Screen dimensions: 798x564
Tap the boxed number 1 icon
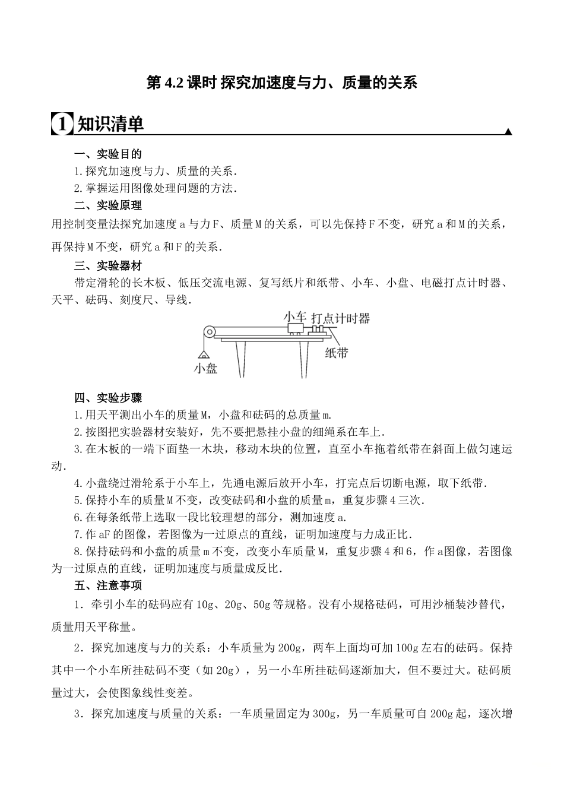[x=62, y=123]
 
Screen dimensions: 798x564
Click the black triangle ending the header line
[x=508, y=132]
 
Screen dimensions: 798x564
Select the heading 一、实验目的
[x=108, y=154]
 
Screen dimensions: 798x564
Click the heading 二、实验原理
[x=108, y=205]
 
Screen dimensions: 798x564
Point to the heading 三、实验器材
[x=108, y=265]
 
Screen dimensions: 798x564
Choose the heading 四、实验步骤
[x=108, y=397]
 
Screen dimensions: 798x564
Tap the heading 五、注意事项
[x=108, y=585]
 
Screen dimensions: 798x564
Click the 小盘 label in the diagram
[x=206, y=369]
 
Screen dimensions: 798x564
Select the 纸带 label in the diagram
[x=336, y=353]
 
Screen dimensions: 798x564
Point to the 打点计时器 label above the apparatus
[x=340, y=318]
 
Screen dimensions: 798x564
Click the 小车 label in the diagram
[x=295, y=316]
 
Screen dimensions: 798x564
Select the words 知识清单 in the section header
[x=111, y=123]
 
